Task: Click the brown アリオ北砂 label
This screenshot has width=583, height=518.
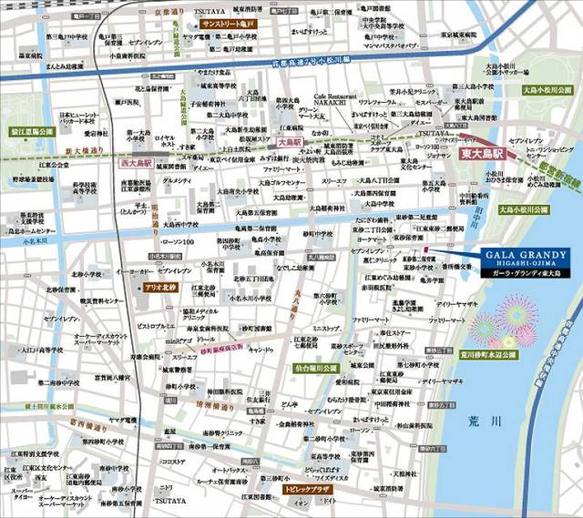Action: click(x=159, y=288)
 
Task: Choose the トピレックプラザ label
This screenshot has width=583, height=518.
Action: click(x=311, y=490)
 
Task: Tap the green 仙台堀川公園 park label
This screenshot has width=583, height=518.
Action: click(x=316, y=368)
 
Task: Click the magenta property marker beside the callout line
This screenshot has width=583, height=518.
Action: click(x=425, y=249)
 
